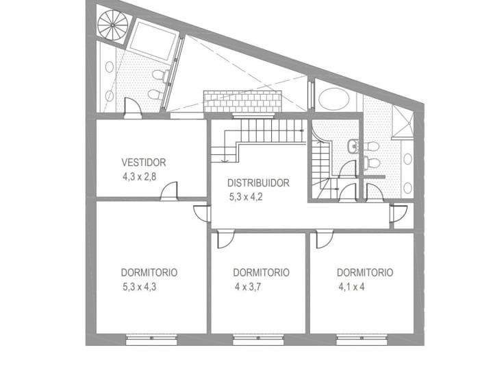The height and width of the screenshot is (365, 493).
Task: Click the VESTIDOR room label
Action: pyautogui.click(x=144, y=163)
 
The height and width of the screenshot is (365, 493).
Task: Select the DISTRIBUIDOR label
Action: pyautogui.click(x=259, y=183)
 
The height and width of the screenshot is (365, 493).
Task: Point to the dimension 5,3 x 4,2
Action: pyautogui.click(x=250, y=196)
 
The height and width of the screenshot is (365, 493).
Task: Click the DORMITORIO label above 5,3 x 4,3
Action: pyautogui.click(x=149, y=272)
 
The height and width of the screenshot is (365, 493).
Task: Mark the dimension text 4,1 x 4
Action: pyautogui.click(x=351, y=286)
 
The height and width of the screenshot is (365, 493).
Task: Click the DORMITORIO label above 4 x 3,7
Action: pyautogui.click(x=261, y=272)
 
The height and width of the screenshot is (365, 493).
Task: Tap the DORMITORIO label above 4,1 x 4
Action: pyautogui.click(x=365, y=272)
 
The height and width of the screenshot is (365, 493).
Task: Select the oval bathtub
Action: pyautogui.click(x=333, y=99)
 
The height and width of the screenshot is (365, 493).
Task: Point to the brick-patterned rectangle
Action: pyautogui.click(x=243, y=102)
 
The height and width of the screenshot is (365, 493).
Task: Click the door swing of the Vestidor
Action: pyautogui.click(x=169, y=191)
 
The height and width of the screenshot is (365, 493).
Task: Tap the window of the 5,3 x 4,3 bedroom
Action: pyautogui.click(x=151, y=338)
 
